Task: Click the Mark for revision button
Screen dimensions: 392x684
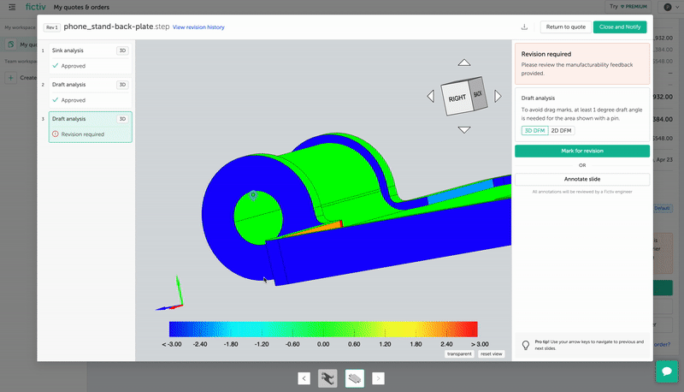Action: coord(581,151)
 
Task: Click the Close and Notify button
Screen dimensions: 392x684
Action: coord(620,27)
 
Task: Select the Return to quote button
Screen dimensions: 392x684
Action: coord(566,27)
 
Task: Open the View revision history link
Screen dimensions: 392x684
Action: coord(198,27)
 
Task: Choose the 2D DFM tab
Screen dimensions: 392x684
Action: coord(562,130)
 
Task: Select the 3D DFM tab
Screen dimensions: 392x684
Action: coord(534,130)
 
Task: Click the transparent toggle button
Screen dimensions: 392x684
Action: coord(458,353)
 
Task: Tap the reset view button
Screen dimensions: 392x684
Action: coord(492,353)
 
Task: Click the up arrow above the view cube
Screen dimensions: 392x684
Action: coord(463,62)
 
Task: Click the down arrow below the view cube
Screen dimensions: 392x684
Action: coord(463,130)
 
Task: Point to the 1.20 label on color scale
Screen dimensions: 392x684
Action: coord(385,344)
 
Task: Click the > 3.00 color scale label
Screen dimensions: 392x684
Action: coord(467,344)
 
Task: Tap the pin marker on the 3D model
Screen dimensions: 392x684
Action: coord(253,195)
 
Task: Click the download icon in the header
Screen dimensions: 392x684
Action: coord(524,27)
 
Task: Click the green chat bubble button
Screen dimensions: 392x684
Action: coord(666,371)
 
